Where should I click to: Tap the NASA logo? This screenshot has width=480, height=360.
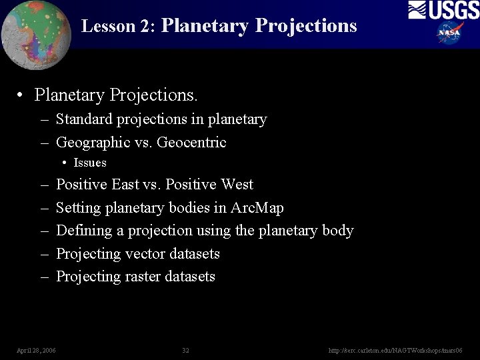[x=450, y=32]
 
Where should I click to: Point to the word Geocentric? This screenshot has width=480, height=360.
[x=191, y=143]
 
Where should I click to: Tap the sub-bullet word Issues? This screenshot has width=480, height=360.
[x=90, y=163]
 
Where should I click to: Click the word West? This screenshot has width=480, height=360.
[x=237, y=185]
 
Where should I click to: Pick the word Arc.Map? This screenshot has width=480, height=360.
[x=257, y=208]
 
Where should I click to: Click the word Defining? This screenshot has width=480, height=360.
[x=83, y=231]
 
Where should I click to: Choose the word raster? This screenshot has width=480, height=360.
[x=143, y=277]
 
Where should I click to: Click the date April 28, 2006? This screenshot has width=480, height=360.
[x=36, y=350]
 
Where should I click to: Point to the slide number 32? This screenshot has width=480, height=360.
[x=185, y=350]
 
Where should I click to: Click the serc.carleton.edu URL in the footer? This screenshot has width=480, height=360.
[x=395, y=350]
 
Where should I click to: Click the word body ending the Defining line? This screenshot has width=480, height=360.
[x=337, y=231]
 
